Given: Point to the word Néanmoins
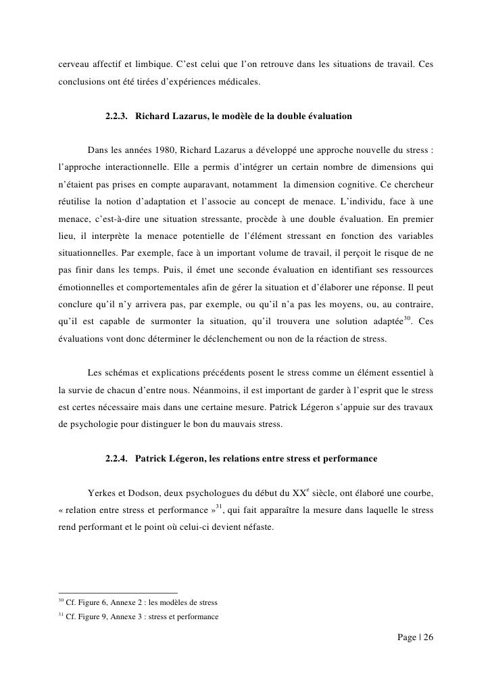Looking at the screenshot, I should point(198,390).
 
